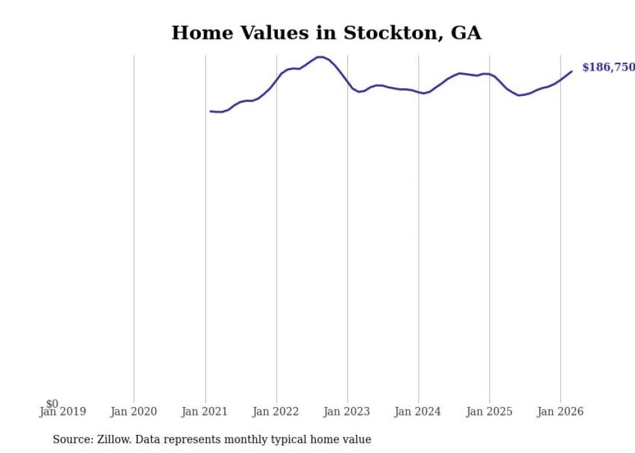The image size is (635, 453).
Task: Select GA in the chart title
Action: click(x=466, y=33)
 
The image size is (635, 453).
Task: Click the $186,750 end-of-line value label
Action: click(x=608, y=67)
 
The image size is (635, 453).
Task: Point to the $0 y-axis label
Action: click(x=52, y=404)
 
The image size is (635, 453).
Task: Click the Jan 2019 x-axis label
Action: click(x=62, y=412)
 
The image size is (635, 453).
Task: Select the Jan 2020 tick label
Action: click(x=133, y=412)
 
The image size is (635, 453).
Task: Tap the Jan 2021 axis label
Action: click(x=205, y=412)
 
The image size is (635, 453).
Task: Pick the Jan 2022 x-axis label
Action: click(x=276, y=412)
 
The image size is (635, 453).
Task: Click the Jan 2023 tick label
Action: click(x=347, y=412)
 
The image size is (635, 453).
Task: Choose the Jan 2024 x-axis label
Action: click(x=418, y=412)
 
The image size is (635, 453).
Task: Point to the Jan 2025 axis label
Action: click(x=489, y=412)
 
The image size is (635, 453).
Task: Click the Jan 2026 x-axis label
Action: click(x=560, y=412)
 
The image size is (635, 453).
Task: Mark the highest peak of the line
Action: click(x=320, y=57)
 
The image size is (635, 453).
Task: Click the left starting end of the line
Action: click(x=211, y=111)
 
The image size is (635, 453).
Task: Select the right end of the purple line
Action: click(x=571, y=71)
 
